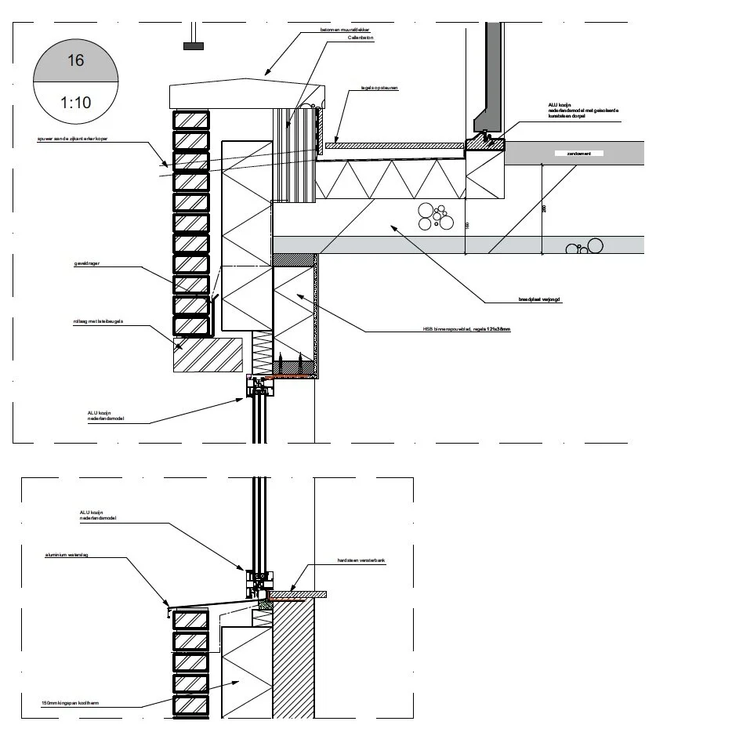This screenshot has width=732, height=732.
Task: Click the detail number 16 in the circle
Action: (x=75, y=60)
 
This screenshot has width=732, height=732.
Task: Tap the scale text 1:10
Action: (x=75, y=102)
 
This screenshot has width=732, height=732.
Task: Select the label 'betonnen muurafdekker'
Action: (x=345, y=30)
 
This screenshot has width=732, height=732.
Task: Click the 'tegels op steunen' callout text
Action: (x=379, y=89)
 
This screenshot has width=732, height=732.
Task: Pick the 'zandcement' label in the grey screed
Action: (x=584, y=154)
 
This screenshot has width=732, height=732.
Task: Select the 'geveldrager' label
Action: (x=86, y=265)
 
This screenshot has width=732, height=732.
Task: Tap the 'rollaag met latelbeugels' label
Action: (x=98, y=321)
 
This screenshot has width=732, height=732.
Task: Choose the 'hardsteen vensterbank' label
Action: (x=362, y=561)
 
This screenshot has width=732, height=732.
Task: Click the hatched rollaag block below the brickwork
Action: (x=208, y=354)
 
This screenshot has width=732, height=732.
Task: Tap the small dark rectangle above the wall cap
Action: (x=193, y=46)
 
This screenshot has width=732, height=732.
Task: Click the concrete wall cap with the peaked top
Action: (x=246, y=92)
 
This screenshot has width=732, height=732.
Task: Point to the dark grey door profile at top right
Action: (x=493, y=71)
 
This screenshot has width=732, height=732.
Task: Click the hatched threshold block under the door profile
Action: (x=484, y=143)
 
